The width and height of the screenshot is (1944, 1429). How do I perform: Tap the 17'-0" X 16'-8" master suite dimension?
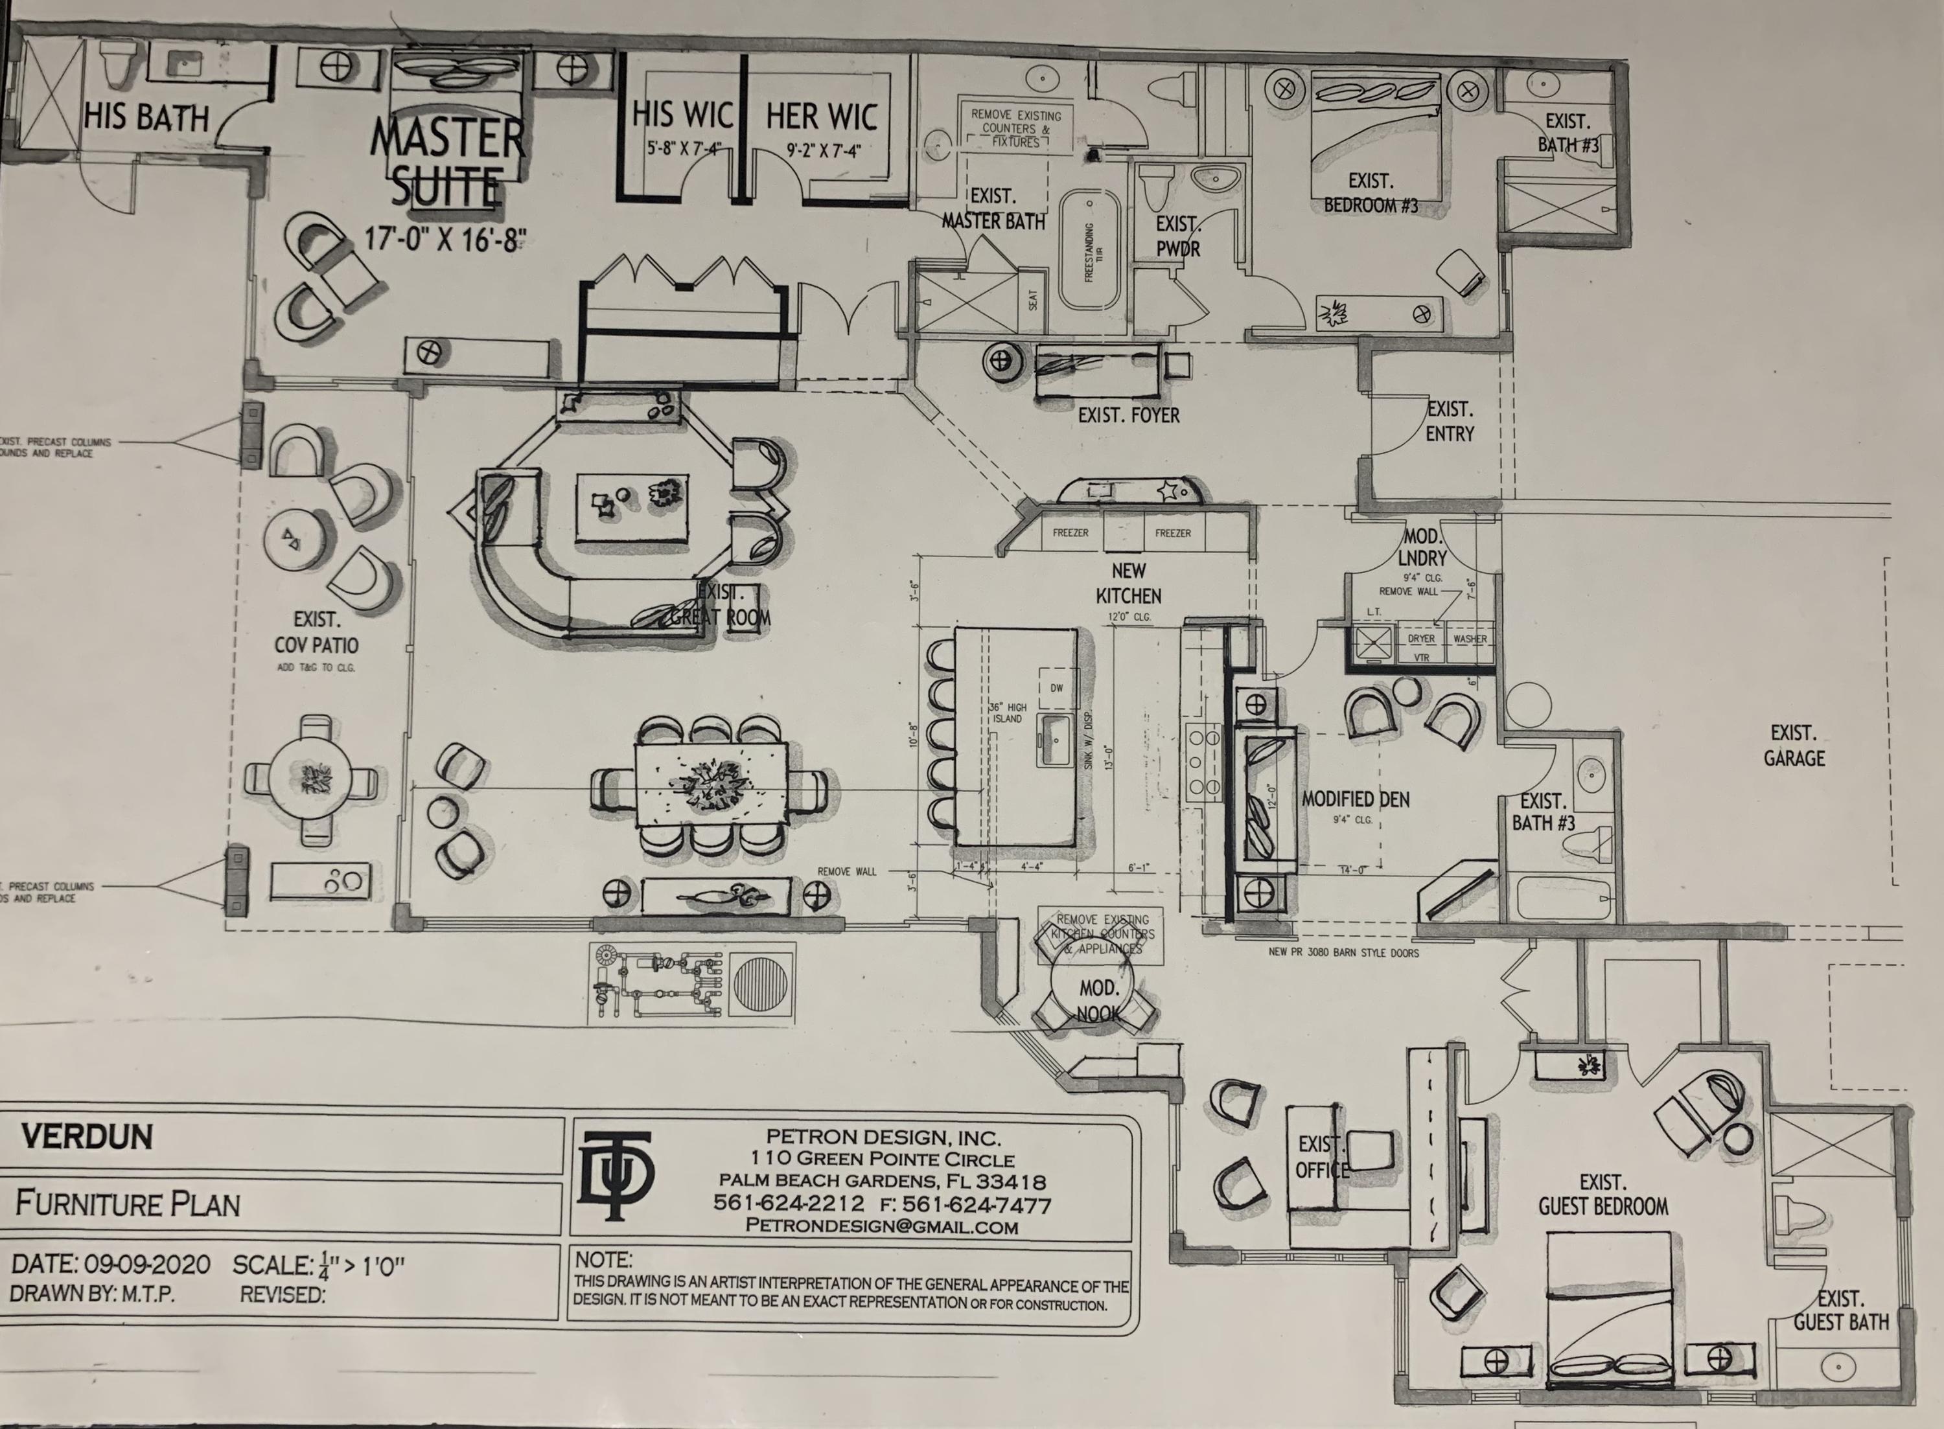[x=445, y=238]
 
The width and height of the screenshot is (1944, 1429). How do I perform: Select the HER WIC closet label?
[x=821, y=116]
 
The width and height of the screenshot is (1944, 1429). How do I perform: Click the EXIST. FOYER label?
[x=1128, y=415]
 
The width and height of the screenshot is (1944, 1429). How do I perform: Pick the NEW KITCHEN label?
[x=1128, y=583]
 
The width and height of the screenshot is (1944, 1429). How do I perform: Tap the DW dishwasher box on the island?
[x=1056, y=689]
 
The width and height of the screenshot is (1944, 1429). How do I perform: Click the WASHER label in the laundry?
[x=1470, y=638]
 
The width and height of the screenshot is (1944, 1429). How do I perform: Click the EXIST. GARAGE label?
[x=1794, y=746]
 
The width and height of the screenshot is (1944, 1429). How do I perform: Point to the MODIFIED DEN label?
[x=1356, y=799]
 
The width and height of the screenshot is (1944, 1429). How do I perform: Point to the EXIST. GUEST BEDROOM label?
[x=1603, y=1194]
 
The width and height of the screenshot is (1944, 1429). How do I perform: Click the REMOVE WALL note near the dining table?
[x=846, y=871]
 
